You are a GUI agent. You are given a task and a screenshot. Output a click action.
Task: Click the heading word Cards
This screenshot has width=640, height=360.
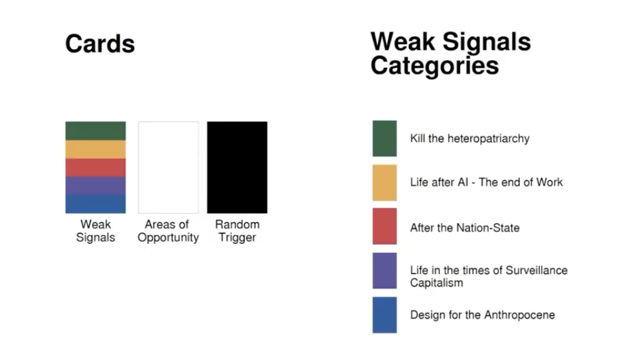tap(100, 44)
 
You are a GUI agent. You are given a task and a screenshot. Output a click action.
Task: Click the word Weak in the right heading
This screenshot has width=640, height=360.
tap(403, 42)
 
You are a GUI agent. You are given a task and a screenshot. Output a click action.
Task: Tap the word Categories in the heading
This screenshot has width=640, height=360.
tap(435, 66)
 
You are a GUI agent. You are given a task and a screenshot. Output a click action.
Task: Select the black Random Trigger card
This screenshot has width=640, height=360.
tap(237, 167)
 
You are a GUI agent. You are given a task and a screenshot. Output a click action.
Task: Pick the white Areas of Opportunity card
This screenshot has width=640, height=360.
tap(168, 167)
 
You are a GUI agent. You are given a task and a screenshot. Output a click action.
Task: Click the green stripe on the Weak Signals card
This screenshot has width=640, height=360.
tap(95, 131)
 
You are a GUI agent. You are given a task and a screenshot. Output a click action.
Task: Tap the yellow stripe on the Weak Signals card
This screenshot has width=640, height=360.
tap(95, 150)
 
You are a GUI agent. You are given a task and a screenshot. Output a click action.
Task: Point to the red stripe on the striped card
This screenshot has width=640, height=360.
tap(95, 168)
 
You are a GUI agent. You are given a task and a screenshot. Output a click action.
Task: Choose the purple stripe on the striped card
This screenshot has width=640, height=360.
tap(95, 186)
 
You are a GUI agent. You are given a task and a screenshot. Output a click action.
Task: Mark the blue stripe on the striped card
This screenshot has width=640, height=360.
tap(95, 204)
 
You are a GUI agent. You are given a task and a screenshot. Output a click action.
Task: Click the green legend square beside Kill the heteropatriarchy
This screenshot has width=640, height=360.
tap(385, 138)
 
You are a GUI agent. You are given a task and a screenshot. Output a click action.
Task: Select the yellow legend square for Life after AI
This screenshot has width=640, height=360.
tap(385, 183)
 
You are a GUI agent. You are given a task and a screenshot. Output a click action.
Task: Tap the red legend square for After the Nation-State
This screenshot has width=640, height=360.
tap(385, 226)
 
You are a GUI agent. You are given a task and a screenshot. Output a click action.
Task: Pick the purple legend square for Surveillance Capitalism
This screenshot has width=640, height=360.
tap(385, 270)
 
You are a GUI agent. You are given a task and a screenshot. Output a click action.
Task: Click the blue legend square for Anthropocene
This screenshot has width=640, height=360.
tap(385, 315)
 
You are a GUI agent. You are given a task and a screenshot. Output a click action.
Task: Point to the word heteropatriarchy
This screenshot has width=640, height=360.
tap(488, 139)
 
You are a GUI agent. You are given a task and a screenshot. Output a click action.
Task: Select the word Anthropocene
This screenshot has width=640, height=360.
tap(519, 315)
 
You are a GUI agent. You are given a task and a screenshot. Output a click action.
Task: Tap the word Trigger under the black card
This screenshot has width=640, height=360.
tap(237, 237)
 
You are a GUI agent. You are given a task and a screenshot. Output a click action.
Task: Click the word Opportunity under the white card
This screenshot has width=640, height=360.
tap(168, 237)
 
